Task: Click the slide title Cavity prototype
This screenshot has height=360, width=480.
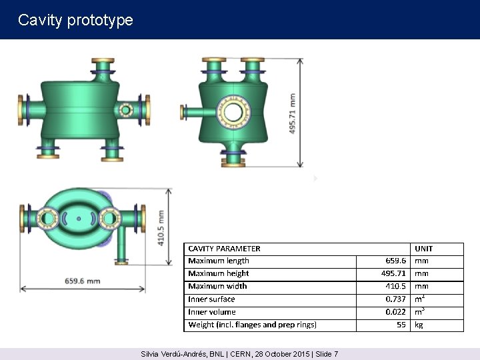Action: pyautogui.click(x=75, y=21)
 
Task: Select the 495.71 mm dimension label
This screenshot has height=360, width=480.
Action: pyautogui.click(x=293, y=113)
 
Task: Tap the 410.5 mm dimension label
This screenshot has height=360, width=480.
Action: pyautogui.click(x=161, y=228)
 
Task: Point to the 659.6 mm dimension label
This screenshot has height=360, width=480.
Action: pyautogui.click(x=83, y=281)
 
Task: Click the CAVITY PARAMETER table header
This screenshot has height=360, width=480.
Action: pyautogui.click(x=224, y=249)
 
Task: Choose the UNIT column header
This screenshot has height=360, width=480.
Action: pyautogui.click(x=424, y=249)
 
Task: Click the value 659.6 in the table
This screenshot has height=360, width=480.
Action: pyautogui.click(x=395, y=261)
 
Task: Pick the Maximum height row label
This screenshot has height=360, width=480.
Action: pyautogui.click(x=218, y=273)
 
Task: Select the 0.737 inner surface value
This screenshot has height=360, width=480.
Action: pyautogui.click(x=395, y=299)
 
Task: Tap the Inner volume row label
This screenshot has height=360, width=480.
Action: pyautogui.click(x=212, y=312)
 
